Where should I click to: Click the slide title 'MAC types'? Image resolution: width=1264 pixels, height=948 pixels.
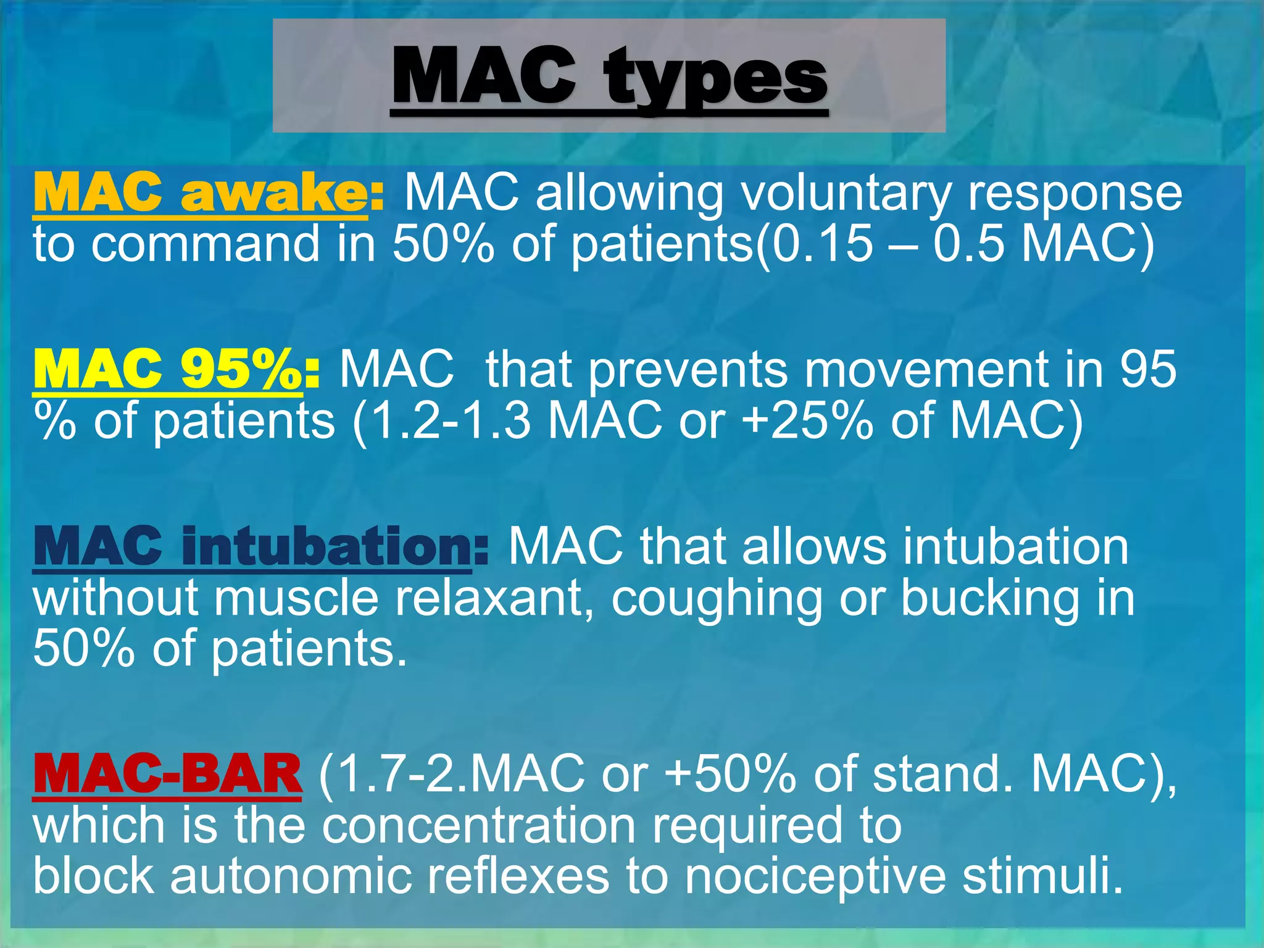609,78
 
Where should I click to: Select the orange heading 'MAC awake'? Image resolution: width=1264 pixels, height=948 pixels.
200,193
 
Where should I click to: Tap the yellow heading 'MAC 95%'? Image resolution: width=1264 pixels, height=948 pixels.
167,369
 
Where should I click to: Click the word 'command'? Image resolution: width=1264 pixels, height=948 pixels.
206,244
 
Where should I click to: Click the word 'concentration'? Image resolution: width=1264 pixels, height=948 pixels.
479,825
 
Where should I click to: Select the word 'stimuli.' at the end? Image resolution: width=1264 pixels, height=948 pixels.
1042,876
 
